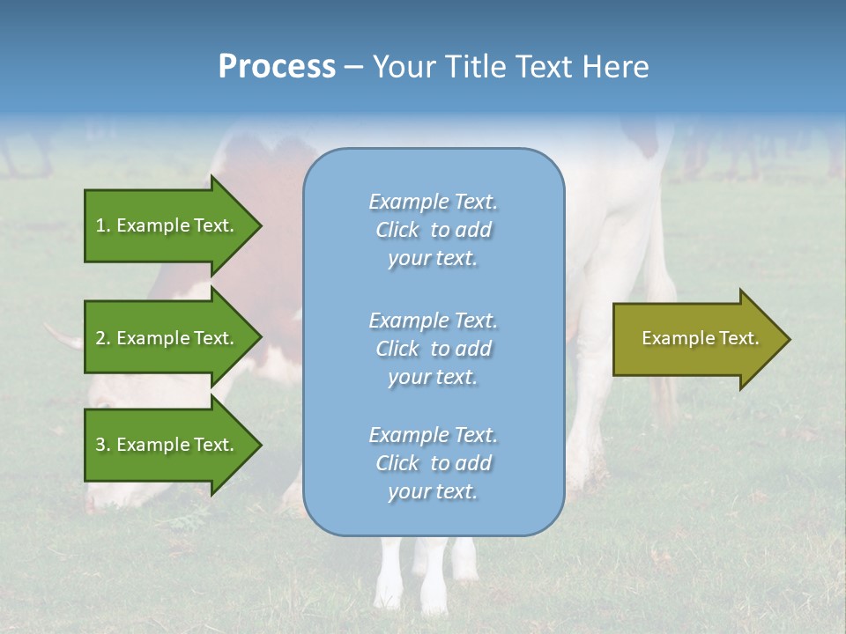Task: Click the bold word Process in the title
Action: [x=277, y=67]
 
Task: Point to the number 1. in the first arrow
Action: [x=103, y=225]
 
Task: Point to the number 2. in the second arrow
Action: [x=103, y=338]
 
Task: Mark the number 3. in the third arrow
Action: [x=103, y=445]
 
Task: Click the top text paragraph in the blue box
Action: [x=433, y=230]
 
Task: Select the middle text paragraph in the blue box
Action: [x=433, y=349]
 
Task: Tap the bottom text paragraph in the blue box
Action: [x=433, y=463]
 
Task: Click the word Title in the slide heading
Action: [x=478, y=67]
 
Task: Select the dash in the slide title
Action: [x=353, y=67]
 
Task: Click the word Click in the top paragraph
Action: [x=397, y=230]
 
